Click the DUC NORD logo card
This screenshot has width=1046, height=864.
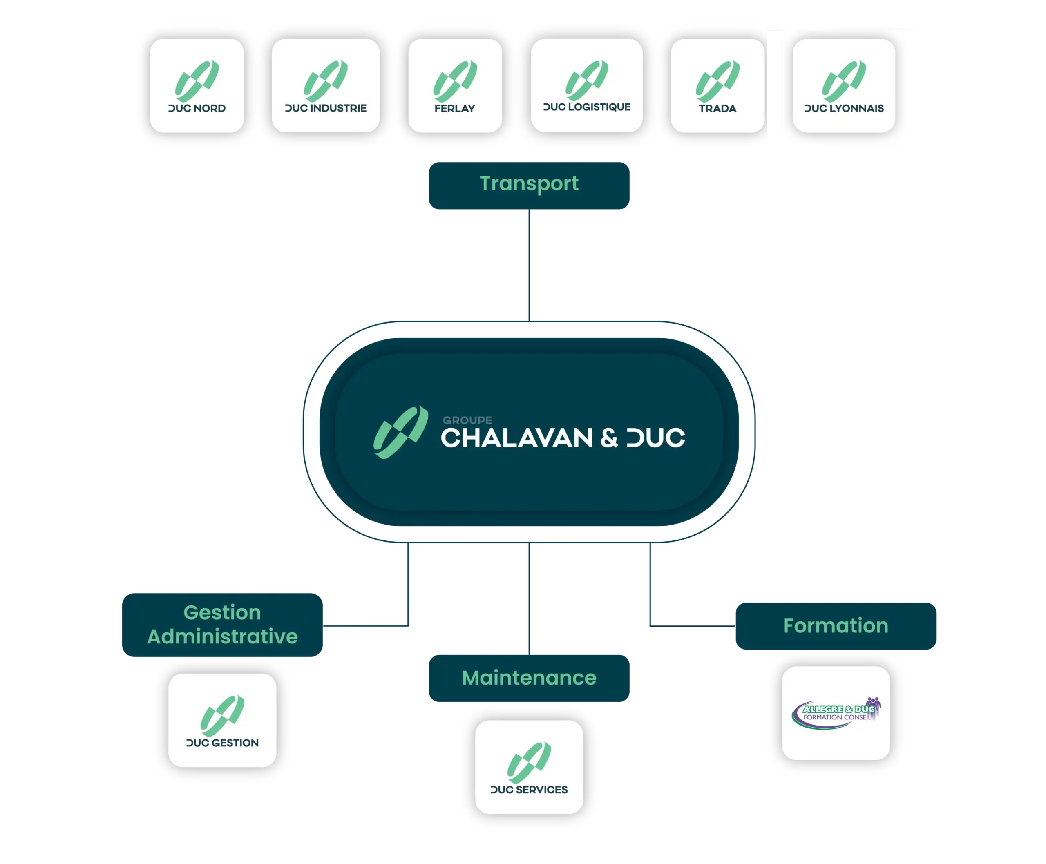197,86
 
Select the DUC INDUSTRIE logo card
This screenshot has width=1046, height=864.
326,86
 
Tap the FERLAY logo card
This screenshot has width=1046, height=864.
455,86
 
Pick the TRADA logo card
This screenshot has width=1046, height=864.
718,86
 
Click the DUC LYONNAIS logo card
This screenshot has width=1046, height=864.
844,86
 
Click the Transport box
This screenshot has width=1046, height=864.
529,185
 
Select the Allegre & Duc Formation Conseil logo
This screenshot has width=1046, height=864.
836,713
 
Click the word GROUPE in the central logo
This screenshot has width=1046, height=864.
467,420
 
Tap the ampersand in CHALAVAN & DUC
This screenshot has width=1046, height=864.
609,438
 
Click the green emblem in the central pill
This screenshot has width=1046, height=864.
401,433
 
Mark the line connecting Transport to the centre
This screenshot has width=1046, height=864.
529,265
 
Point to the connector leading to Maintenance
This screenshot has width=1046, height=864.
529,599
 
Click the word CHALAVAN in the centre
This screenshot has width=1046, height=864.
517,438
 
